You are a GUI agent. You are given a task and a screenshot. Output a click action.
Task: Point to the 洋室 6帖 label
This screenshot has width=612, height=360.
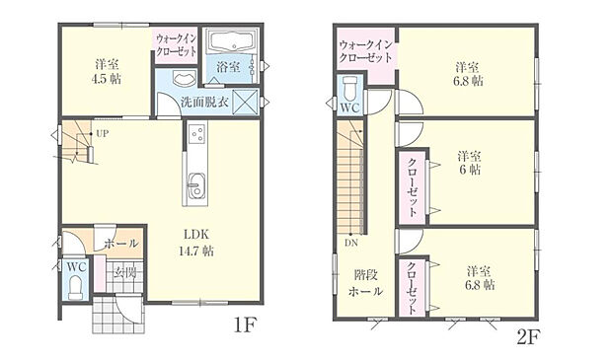point(468,163)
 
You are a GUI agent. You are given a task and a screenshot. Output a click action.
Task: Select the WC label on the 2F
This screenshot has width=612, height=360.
point(350,107)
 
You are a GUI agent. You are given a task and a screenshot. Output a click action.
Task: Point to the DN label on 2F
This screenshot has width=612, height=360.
point(351,242)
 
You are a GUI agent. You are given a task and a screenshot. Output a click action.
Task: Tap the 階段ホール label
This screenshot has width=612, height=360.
point(367,284)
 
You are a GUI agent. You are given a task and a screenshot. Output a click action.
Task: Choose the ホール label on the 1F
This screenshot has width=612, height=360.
point(121,243)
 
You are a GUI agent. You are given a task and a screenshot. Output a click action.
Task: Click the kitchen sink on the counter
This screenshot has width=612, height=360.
point(194,183)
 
